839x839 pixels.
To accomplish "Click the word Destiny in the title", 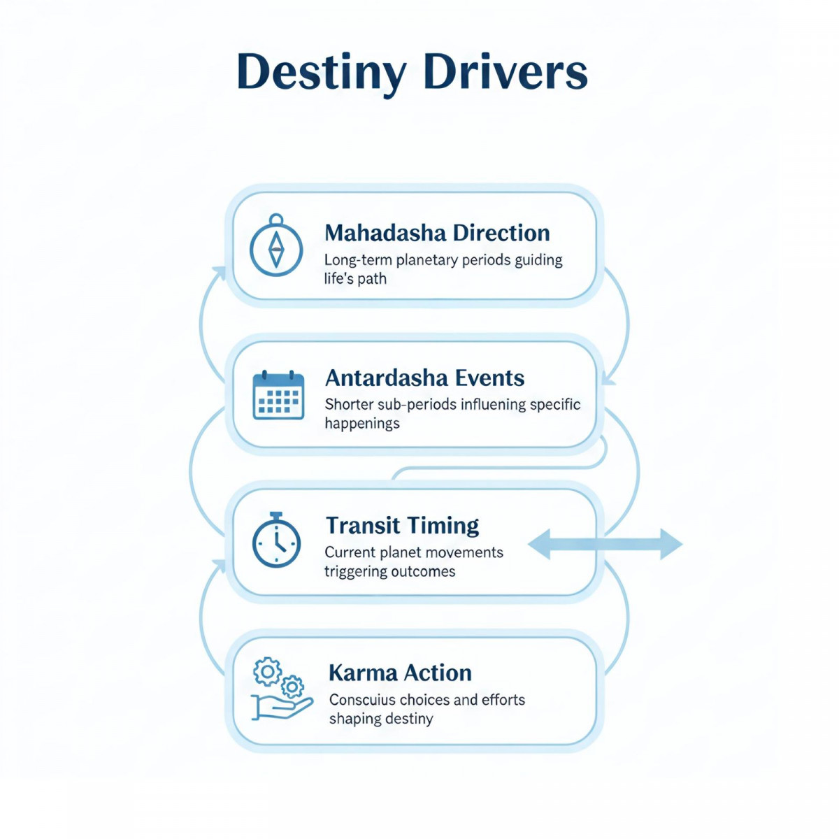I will point(322,73).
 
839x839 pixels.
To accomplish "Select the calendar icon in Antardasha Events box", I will point(278,395).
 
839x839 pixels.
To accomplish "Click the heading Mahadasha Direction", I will point(437,233).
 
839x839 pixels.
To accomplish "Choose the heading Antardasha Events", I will point(424,378).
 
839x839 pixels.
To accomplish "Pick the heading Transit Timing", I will point(402,525).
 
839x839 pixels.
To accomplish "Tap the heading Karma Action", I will point(400,673).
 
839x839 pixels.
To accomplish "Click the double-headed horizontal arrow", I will point(605,544).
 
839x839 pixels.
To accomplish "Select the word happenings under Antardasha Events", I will point(362,424).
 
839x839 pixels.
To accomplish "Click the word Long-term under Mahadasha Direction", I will point(357,260).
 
